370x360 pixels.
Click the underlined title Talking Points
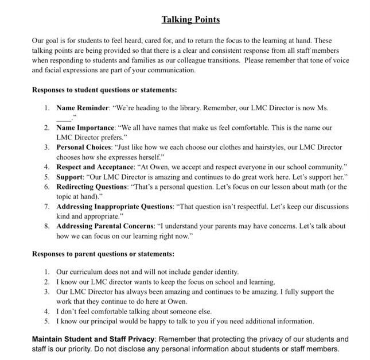[x=190, y=20]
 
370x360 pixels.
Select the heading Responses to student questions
[x=104, y=90]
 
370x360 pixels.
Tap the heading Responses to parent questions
[x=103, y=254]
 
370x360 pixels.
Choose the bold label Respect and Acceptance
[x=95, y=167]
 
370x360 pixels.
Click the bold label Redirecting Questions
[x=91, y=187]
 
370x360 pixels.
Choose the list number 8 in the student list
[x=47, y=226]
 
